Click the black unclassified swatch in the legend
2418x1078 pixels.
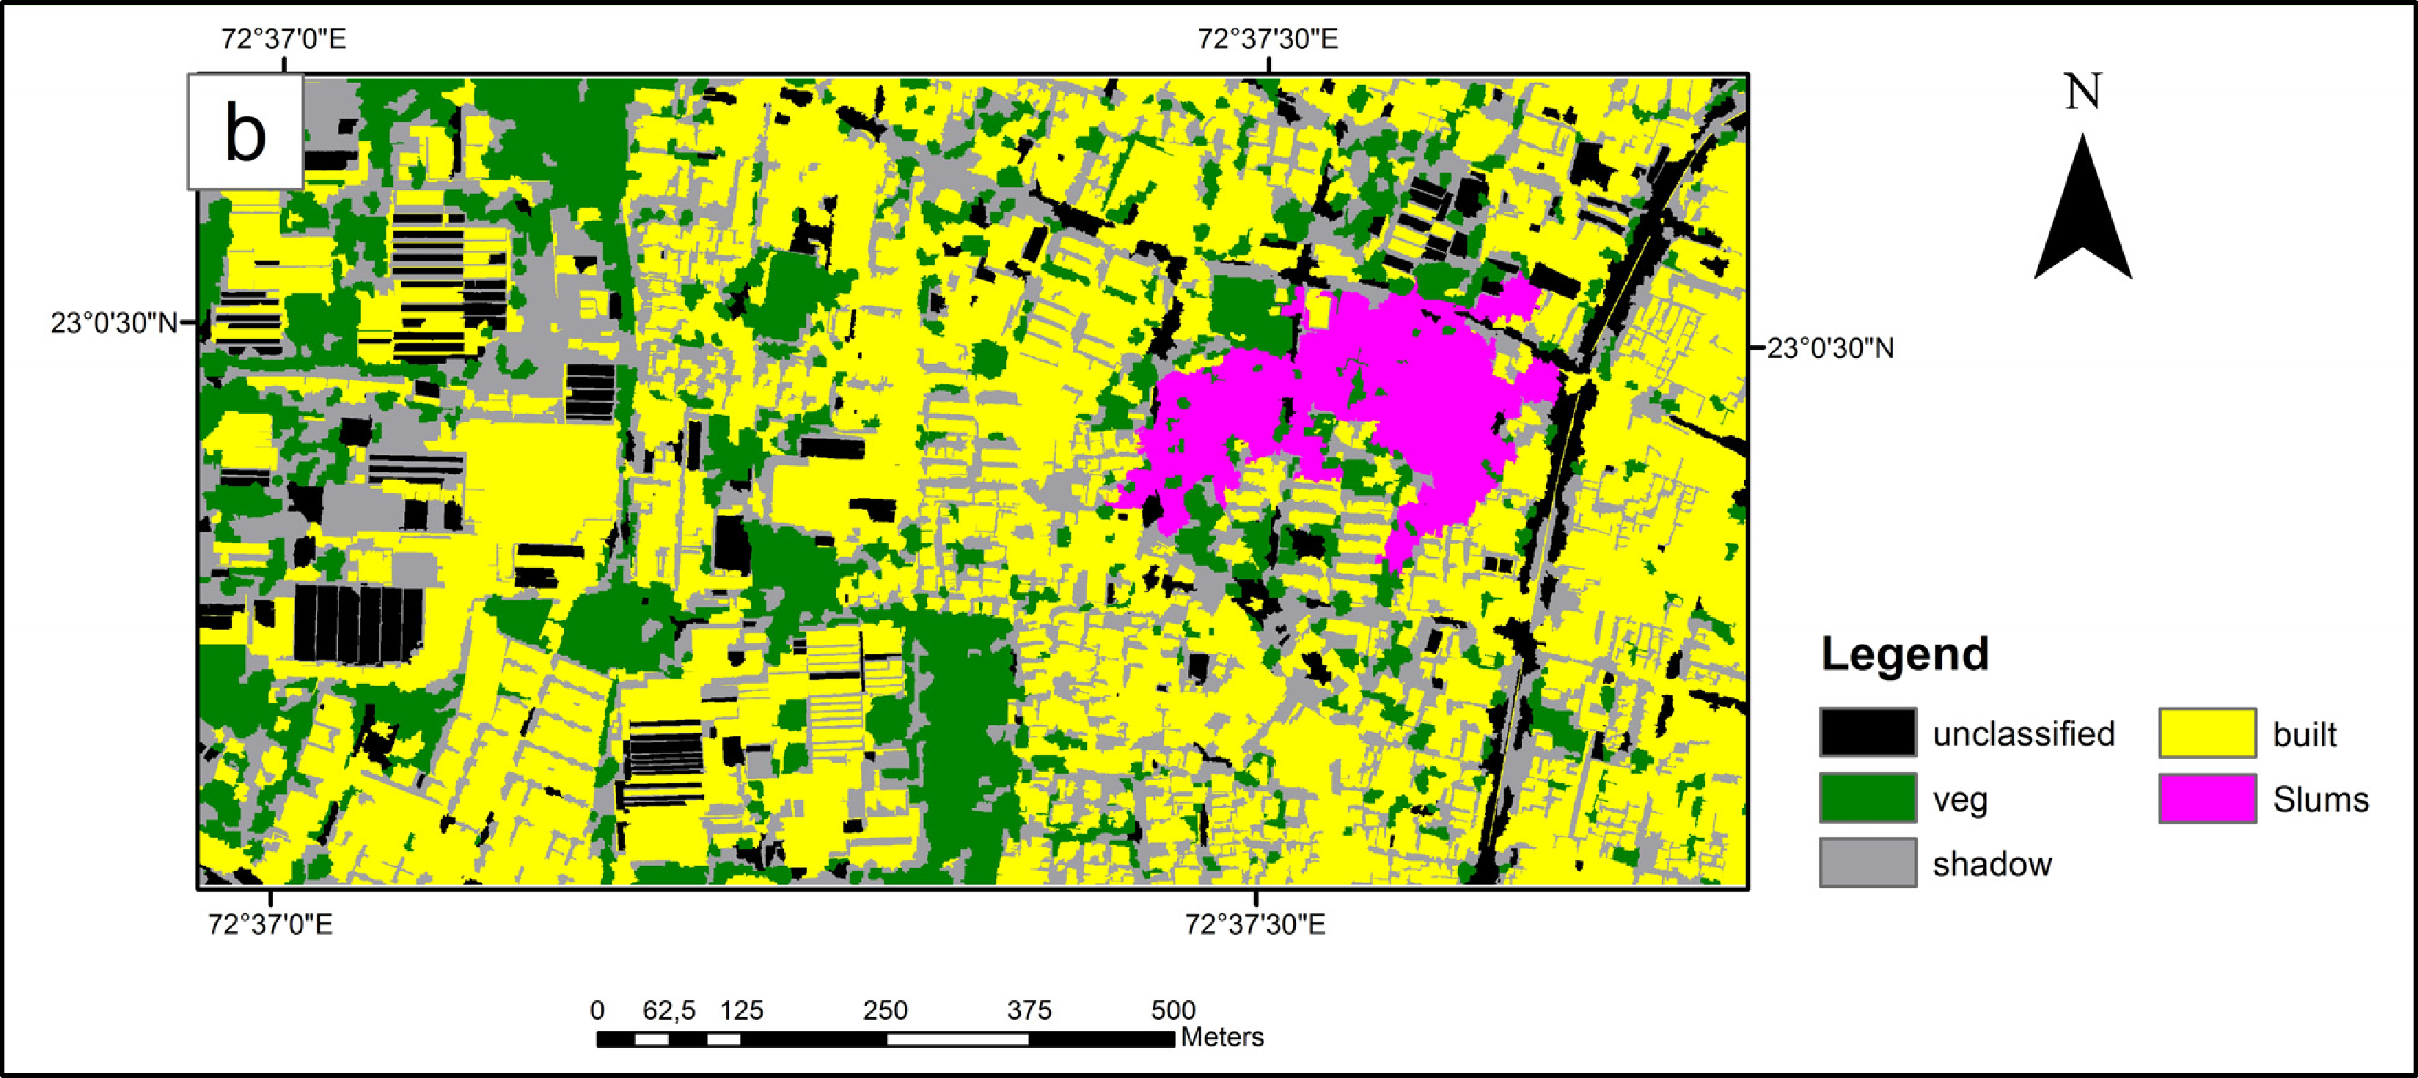pyautogui.click(x=1867, y=733)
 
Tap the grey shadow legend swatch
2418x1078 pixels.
pyautogui.click(x=1867, y=863)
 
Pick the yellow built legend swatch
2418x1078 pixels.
pyautogui.click(x=2207, y=733)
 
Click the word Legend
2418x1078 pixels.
pyautogui.click(x=1905, y=654)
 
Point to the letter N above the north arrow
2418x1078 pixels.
pyautogui.click(x=2083, y=92)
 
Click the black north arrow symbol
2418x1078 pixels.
pyautogui.click(x=2083, y=211)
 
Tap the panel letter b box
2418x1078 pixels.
pyautogui.click(x=246, y=132)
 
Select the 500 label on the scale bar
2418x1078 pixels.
pyautogui.click(x=1173, y=1010)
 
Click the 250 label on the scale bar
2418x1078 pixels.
pyautogui.click(x=885, y=1010)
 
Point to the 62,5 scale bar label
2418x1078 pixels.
pyautogui.click(x=668, y=1010)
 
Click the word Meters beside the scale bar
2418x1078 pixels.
pyautogui.click(x=1222, y=1037)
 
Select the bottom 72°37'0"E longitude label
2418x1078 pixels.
pyautogui.click(x=271, y=924)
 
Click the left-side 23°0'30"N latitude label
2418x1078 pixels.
pyautogui.click(x=114, y=323)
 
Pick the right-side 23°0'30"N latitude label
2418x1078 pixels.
pyautogui.click(x=1831, y=349)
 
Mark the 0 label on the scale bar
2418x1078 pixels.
pyautogui.click(x=597, y=1010)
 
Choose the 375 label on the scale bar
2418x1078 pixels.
pyautogui.click(x=1029, y=1010)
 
